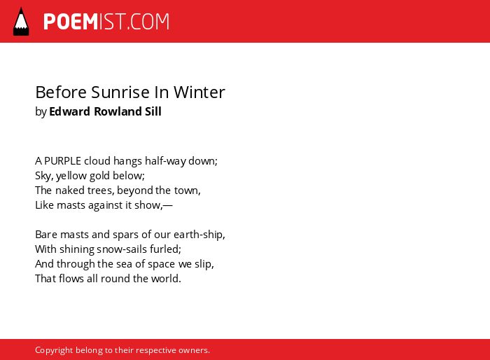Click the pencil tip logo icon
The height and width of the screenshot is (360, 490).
coord(21,22)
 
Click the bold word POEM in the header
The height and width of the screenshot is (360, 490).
coord(71,22)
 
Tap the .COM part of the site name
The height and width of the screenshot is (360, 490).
coord(148,22)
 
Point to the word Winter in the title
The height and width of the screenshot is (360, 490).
coord(199,92)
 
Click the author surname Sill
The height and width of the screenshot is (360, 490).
coord(153,111)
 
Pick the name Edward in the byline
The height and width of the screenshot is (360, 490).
coord(70,111)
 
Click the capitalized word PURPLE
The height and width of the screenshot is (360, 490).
coord(62,161)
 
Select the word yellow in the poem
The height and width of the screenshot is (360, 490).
coord(71,176)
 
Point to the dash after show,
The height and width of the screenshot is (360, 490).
coord(168,205)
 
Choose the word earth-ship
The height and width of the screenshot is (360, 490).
coord(198,235)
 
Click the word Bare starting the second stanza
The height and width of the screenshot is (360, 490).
coord(46,235)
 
